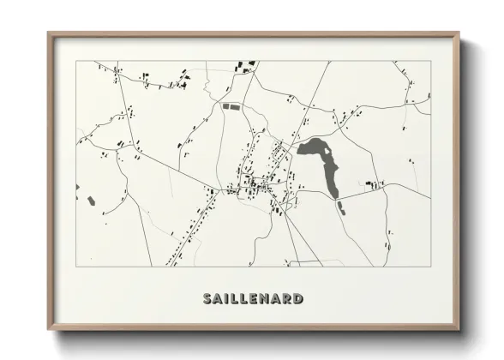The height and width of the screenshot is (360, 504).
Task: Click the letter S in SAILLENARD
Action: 207,299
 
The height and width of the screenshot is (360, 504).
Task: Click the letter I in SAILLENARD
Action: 227,299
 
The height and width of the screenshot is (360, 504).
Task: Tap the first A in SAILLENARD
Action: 218,299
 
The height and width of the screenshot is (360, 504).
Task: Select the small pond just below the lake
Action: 340,207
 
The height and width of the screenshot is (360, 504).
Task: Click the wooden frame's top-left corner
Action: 49,33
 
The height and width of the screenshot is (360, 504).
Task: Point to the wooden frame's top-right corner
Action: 459,33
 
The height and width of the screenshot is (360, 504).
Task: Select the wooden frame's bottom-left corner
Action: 49,328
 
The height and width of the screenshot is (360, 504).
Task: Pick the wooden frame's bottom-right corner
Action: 459,328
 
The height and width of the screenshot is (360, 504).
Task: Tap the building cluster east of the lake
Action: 372,183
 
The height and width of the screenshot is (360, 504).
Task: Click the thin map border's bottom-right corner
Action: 429,266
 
